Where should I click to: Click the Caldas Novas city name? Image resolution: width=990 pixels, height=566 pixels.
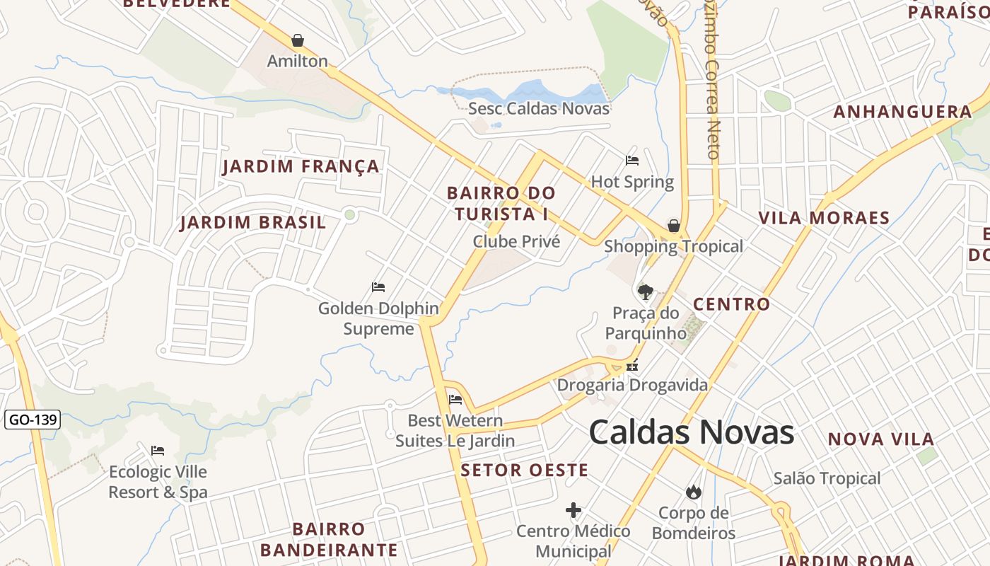[x=691, y=432]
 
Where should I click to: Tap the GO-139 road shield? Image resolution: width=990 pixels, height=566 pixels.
[x=33, y=420]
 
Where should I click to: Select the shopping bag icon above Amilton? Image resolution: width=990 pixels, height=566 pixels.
[x=298, y=40]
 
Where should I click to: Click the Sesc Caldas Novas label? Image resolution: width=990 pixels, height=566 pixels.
[x=539, y=108]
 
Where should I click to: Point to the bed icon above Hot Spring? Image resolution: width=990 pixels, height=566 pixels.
[x=632, y=161]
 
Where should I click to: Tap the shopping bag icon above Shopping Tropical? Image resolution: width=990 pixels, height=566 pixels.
[x=674, y=226]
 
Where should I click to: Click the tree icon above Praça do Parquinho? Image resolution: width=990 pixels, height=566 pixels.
[x=645, y=291]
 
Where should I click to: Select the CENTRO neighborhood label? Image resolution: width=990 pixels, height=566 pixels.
[x=731, y=304]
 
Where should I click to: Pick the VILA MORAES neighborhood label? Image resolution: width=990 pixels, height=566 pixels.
[x=824, y=218]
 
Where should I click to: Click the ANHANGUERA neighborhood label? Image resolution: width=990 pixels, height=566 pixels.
[x=902, y=112]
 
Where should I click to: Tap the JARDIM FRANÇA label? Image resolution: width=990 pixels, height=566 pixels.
[x=301, y=167]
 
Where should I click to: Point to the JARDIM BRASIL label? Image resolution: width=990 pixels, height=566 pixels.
[x=252, y=223]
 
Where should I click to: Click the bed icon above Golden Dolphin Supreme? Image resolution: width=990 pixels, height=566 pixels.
[x=378, y=287]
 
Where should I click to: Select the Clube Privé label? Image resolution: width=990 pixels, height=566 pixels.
[x=516, y=241]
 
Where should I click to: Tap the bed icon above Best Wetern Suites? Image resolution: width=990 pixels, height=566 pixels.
[x=455, y=400]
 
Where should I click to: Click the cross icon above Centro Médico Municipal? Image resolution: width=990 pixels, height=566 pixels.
[x=573, y=510]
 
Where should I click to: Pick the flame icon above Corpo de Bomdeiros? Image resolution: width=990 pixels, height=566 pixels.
[x=693, y=492]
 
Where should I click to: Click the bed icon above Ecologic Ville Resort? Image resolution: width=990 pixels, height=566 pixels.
[x=158, y=451]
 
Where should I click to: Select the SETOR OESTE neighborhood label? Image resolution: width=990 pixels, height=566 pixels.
[x=524, y=470]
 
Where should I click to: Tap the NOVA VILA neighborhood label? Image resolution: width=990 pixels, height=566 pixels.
[x=881, y=439]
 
